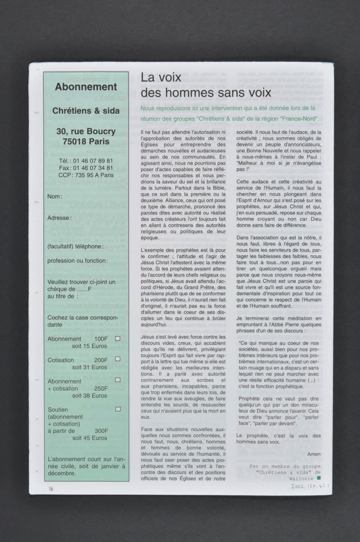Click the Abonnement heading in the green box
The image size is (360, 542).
[x=86, y=87]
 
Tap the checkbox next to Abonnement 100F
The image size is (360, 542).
[x=118, y=338]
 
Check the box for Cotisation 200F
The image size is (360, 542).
[x=118, y=359]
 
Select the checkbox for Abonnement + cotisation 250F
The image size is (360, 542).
[x=118, y=380]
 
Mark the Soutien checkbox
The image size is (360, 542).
[x=118, y=409]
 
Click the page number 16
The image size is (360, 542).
[x=51, y=489]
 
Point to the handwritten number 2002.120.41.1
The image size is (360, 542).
[x=310, y=486]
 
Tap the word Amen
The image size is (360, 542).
[x=314, y=454]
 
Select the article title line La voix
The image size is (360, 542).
[x=161, y=77]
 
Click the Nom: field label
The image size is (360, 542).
[x=55, y=196]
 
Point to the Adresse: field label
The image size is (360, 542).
[x=59, y=218]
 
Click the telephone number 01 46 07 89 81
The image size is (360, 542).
[x=93, y=161]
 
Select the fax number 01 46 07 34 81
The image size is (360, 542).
[x=93, y=168]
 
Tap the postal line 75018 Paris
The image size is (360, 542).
[x=86, y=141]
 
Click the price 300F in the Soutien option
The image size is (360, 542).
[x=101, y=431]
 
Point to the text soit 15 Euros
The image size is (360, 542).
[x=89, y=346]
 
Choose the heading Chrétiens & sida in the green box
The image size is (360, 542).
[x=86, y=111]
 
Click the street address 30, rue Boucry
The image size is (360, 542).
[x=86, y=131]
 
